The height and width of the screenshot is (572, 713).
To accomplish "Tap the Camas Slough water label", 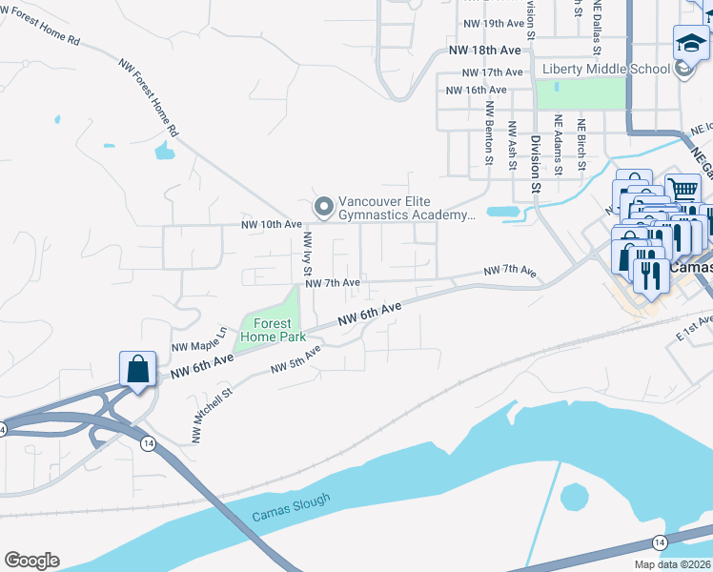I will click(292, 507).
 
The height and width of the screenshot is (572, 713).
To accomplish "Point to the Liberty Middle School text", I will click(605, 69).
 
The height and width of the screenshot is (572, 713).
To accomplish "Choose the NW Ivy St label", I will click(307, 253).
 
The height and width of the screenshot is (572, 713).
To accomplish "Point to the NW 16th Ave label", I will click(477, 90).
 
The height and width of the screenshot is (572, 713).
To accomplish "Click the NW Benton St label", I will click(489, 133).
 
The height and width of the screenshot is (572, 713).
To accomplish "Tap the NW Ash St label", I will click(513, 143).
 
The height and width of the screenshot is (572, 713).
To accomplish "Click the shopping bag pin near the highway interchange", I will click(137, 370).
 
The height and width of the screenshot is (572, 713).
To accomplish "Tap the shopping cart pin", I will click(682, 190).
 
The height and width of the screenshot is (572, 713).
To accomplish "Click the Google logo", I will click(31, 561).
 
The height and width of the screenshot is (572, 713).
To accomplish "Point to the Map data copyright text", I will click(673, 564).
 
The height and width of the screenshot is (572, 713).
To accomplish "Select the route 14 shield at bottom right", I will click(659, 541).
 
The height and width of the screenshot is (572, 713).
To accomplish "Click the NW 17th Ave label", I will click(492, 71).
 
